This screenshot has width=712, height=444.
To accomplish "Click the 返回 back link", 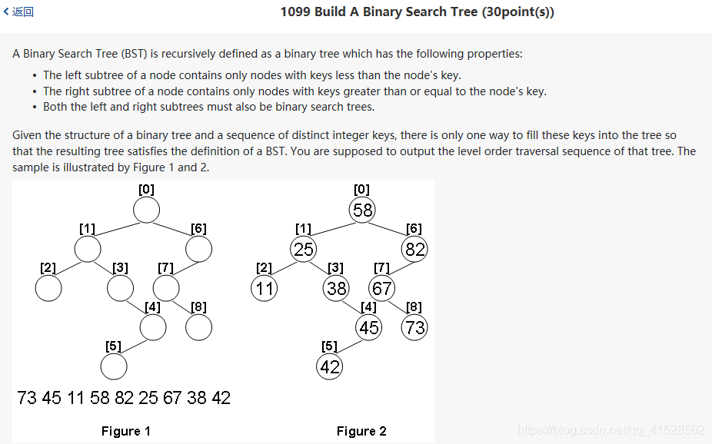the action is (x=19, y=12).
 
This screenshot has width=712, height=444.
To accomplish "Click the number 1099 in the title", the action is (x=295, y=12).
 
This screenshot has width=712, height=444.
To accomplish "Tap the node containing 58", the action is (x=362, y=210).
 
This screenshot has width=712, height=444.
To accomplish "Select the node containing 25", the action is (x=304, y=249).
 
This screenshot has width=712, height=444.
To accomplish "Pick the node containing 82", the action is (x=414, y=249).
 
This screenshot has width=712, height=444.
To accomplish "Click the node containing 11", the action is (x=264, y=289).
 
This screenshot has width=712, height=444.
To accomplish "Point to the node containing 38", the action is (x=336, y=289).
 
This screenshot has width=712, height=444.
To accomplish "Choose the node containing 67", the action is (x=381, y=289).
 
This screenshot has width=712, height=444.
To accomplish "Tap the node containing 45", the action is (x=369, y=328).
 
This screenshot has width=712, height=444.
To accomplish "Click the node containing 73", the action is (x=414, y=328).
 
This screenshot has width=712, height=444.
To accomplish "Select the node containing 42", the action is (x=330, y=367).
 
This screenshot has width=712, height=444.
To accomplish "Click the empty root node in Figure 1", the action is (x=146, y=210).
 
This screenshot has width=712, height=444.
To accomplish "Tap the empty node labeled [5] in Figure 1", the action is (x=114, y=367).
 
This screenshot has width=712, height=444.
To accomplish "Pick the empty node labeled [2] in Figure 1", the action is (x=48, y=288).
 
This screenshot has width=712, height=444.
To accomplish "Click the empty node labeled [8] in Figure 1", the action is (x=198, y=327).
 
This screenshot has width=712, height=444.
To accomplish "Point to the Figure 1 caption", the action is (x=126, y=431).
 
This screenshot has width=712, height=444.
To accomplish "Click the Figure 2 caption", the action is (x=361, y=431).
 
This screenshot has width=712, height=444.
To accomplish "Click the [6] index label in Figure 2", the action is (x=414, y=228).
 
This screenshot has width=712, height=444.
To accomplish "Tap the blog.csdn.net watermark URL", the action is (x=611, y=430).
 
